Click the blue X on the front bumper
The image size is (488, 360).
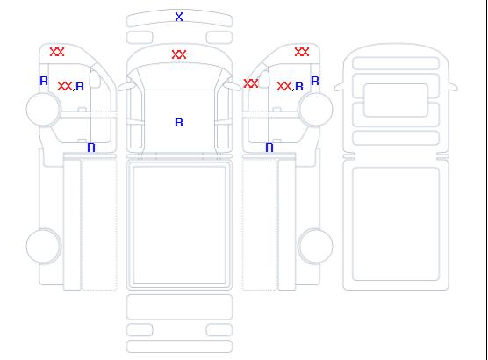click(179, 17)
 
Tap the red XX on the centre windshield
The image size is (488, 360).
click(179, 54)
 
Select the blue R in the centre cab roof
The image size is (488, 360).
click(179, 122)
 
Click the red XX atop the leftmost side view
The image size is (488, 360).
click(57, 52)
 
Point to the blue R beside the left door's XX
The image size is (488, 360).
click(80, 86)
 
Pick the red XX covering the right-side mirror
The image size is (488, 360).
click(251, 83)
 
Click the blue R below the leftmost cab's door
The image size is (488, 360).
click(91, 148)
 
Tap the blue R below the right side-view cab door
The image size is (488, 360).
click(269, 148)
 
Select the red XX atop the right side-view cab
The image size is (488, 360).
click(302, 52)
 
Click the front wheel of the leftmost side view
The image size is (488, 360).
click(44, 109)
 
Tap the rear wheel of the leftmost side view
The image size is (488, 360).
click(44, 246)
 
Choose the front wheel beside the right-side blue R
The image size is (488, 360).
click(316, 109)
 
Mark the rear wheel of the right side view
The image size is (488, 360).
click(316, 246)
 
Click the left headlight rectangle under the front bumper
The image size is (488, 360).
click(140, 38)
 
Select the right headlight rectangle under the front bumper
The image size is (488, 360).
click(219, 38)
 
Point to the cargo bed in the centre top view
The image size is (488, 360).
click(179, 225)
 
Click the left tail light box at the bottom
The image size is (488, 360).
click(140, 330)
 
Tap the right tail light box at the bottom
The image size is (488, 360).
click(219, 330)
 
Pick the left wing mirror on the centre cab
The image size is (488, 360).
click(126, 86)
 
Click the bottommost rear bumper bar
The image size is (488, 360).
click(179, 347)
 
